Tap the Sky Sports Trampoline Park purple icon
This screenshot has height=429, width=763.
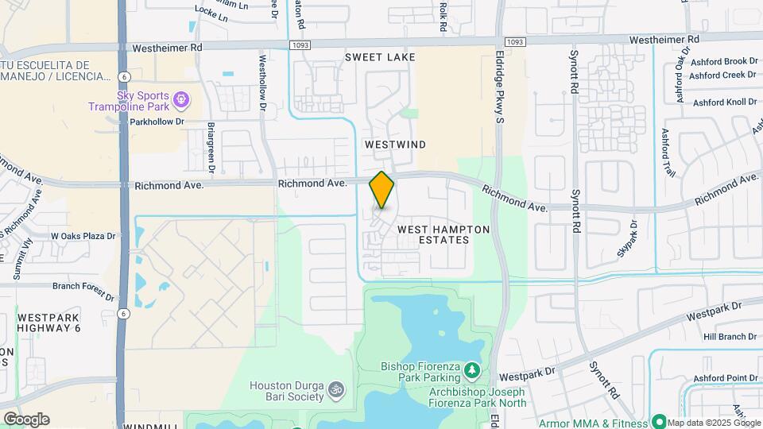coord(181,100)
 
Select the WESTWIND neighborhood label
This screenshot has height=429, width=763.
coord(395,145)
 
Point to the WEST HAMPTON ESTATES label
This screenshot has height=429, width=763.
coord(443,234)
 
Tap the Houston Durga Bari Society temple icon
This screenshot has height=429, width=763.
coord(335,390)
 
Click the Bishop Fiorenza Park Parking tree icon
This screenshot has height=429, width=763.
coord(471,370)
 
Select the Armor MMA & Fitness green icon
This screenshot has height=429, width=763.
coord(657,421)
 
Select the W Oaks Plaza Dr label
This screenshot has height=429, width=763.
coord(83,236)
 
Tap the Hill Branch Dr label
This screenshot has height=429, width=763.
coord(729,337)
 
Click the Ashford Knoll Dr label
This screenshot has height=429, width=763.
coord(723,102)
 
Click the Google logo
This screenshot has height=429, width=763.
coord(26,419)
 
